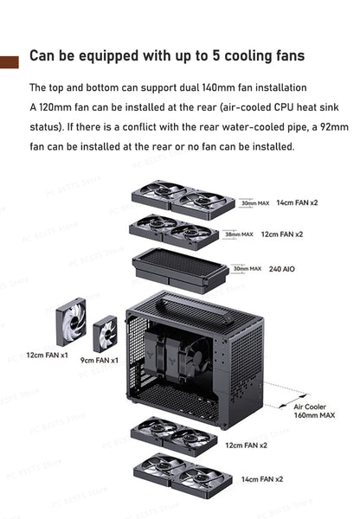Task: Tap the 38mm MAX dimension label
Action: [x=238, y=234]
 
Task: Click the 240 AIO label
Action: [x=282, y=269]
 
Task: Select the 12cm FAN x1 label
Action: [x=47, y=355]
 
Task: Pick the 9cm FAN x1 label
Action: [x=100, y=360]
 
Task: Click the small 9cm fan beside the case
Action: [x=106, y=333]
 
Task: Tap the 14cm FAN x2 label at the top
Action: [x=297, y=202]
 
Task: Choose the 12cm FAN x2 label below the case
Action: [x=246, y=445]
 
